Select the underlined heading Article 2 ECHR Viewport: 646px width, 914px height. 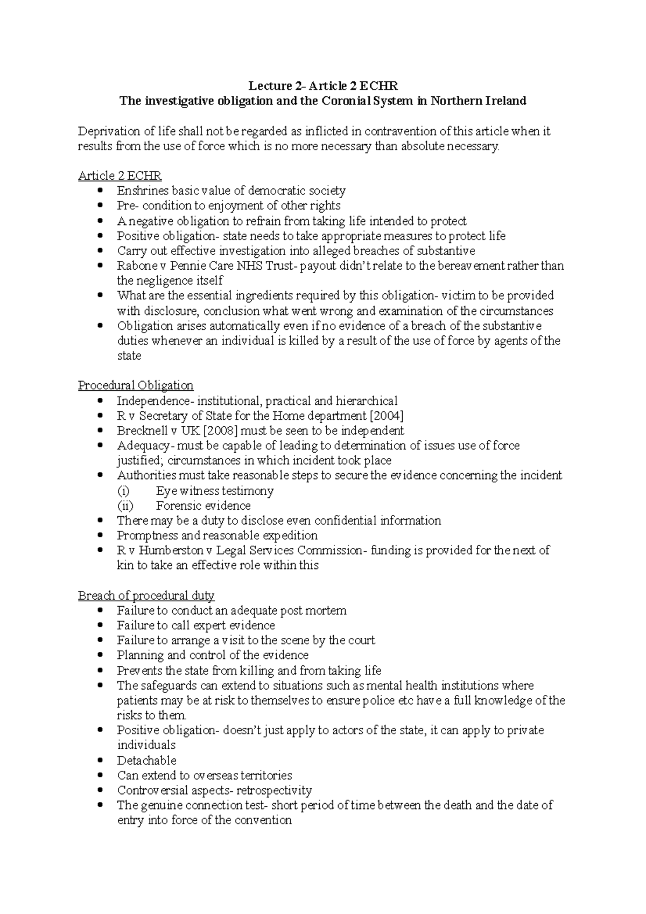[120, 175]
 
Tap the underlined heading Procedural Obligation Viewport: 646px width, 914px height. [136, 385]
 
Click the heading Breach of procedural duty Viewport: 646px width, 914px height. [146, 595]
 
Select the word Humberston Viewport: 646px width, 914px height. [172, 550]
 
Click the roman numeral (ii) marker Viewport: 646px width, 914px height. [125, 505]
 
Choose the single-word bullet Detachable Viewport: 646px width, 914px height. [146, 760]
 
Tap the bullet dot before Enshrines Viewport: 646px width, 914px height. [100, 191]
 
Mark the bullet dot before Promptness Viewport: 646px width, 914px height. [100, 536]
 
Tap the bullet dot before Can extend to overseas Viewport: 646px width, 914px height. [100, 776]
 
